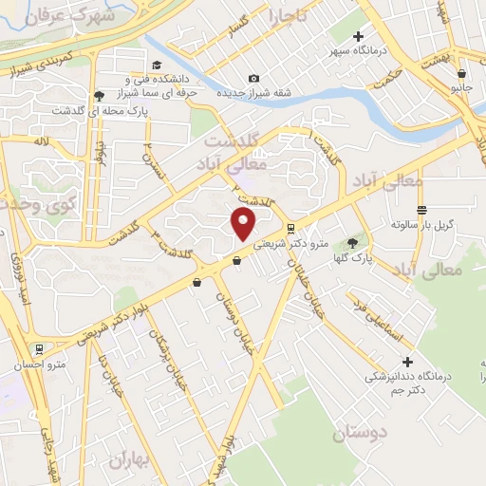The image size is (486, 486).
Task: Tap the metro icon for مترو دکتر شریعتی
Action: [290, 228]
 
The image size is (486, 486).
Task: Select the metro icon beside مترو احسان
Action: [39, 348]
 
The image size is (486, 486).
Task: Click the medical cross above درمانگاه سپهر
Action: [358, 36]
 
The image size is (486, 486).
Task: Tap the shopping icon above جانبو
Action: [460, 73]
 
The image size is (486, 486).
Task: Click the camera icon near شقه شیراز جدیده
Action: [252, 78]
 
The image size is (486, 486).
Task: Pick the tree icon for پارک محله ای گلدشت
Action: [100, 95]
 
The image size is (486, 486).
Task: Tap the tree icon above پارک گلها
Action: [357, 242]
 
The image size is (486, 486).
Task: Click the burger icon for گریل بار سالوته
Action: [422, 210]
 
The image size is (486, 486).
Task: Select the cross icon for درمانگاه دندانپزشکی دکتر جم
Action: [408, 362]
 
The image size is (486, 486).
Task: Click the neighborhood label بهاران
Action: [130, 461]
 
